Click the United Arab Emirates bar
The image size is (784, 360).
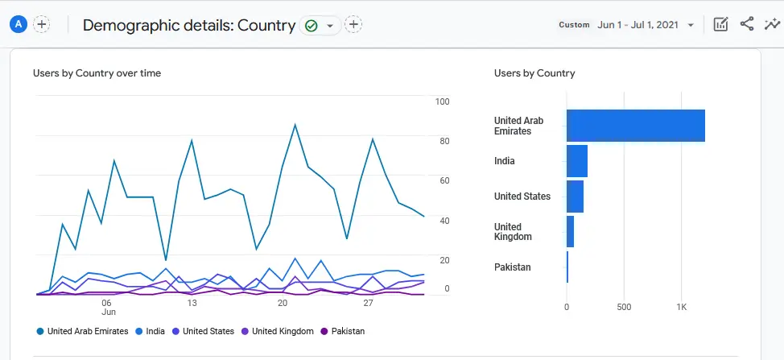pyautogui.click(x=635, y=126)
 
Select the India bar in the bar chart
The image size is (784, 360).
pyautogui.click(x=576, y=161)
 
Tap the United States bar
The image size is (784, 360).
pyautogui.click(x=575, y=197)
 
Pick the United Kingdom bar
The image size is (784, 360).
pyautogui.click(x=570, y=232)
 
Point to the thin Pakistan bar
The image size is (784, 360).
pyautogui.click(x=567, y=267)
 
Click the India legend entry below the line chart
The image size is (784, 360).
pyautogui.click(x=155, y=331)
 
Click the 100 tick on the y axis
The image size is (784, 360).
pyautogui.click(x=442, y=101)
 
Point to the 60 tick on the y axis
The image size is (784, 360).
pyautogui.click(x=444, y=180)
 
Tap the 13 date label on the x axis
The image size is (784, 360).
pyautogui.click(x=192, y=303)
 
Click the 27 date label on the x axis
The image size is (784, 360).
pyautogui.click(x=368, y=303)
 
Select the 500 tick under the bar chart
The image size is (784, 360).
pyautogui.click(x=624, y=307)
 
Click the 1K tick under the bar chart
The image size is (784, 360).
pyautogui.click(x=681, y=307)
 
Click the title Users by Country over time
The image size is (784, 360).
pyautogui.click(x=97, y=73)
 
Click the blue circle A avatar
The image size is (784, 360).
pyautogui.click(x=18, y=24)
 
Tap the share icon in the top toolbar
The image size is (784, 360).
pyautogui.click(x=747, y=24)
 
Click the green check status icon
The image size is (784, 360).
pyautogui.click(x=311, y=26)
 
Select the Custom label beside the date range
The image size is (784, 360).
pyautogui.click(x=574, y=25)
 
